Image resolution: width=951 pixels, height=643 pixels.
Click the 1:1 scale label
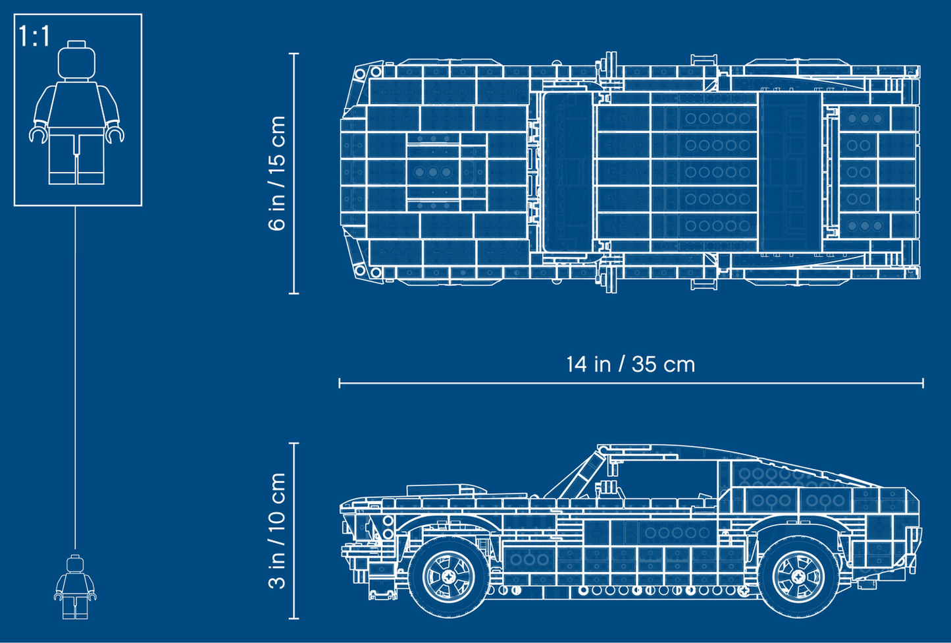point(34,36)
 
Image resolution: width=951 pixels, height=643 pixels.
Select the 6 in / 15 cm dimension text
point(278,173)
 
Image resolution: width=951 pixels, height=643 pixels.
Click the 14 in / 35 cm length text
point(630,364)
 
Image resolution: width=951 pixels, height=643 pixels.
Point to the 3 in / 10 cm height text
point(278,531)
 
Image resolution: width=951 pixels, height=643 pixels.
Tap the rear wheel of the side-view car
point(798,575)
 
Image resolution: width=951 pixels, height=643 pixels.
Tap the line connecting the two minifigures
point(75,376)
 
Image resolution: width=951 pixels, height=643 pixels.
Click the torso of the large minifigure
point(77,105)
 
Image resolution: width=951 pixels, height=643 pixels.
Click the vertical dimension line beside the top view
point(294,173)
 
